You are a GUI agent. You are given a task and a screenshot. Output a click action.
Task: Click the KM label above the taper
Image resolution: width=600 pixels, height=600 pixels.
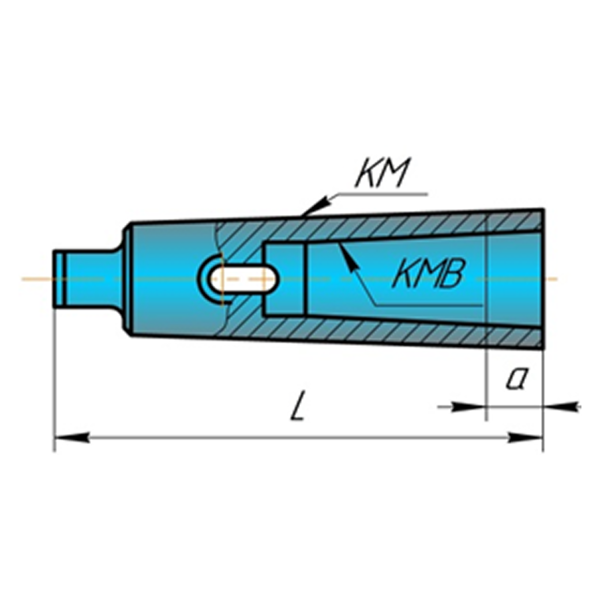coord(382,173)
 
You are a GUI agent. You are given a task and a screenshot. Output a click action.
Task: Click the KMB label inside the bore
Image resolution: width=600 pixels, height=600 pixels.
coord(429,273)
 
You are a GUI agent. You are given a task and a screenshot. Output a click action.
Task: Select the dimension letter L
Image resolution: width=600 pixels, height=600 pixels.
coord(298,406)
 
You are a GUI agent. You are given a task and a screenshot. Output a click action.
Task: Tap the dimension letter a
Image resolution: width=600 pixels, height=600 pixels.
coord(516,379)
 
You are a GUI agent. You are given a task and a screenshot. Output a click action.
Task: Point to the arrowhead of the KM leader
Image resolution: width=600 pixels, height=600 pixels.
coord(314,207)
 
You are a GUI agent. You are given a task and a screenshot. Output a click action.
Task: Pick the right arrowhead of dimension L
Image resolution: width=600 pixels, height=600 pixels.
coord(525,437)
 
